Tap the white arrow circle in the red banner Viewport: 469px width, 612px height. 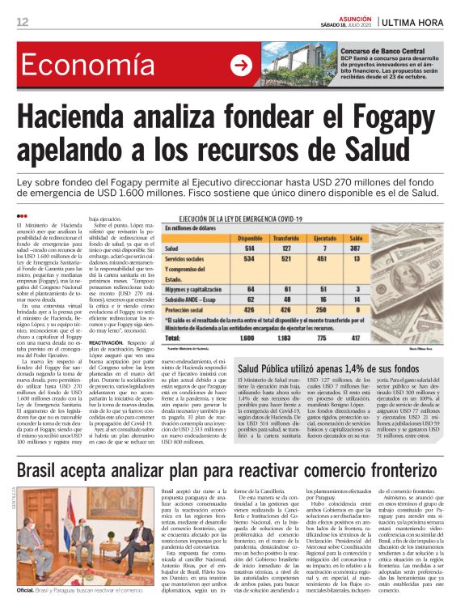pos(241,66)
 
